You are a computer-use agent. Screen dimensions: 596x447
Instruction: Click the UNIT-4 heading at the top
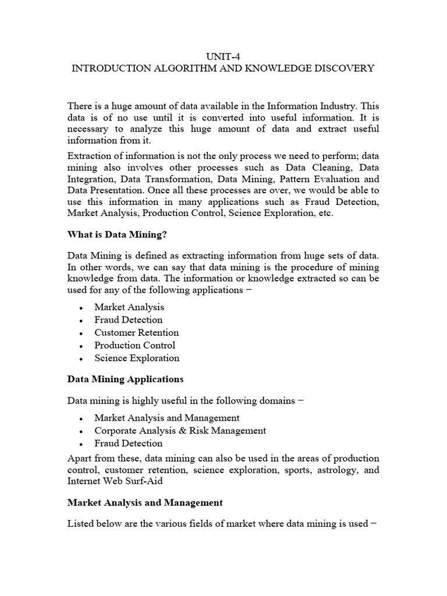point(223,56)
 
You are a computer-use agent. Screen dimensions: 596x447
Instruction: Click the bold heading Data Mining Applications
point(125,379)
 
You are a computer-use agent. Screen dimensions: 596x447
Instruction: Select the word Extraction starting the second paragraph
point(89,155)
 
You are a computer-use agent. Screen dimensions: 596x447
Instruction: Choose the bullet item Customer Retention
point(136,332)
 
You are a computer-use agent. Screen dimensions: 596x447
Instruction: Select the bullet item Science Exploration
point(137,358)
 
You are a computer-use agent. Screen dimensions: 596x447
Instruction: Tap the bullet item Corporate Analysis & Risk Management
point(180,431)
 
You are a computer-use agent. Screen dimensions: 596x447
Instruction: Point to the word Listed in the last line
point(81,523)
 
